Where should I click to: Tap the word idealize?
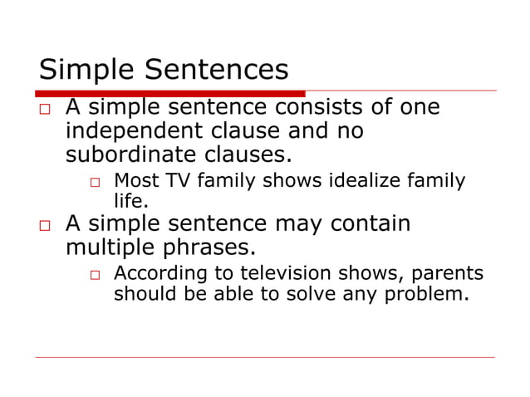tap(376, 180)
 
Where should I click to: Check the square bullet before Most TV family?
tap(96, 182)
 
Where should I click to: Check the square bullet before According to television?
tap(96, 275)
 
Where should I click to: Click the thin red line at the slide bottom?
tap(265, 358)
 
